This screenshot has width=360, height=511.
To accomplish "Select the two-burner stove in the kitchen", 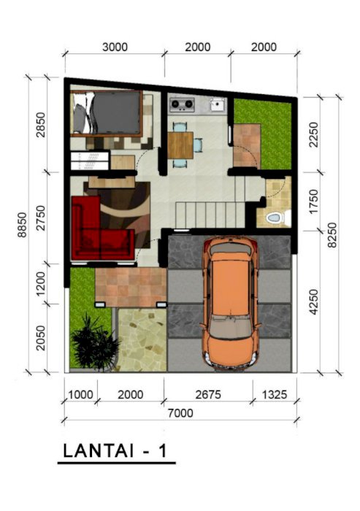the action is [182, 104].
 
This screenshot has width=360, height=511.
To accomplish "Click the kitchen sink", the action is [217, 104].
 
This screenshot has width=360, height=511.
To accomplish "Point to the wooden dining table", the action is [180, 145].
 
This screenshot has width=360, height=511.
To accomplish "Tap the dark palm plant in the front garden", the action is [95, 342].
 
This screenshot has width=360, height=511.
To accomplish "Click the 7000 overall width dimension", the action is [180, 413].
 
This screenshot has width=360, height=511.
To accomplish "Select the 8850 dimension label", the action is [22, 225].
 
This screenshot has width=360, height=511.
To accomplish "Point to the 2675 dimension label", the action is [208, 395].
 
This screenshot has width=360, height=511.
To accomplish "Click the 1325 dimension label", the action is [275, 395].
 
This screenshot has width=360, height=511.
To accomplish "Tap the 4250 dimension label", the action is [313, 301].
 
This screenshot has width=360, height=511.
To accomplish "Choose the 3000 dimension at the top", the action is [115, 47].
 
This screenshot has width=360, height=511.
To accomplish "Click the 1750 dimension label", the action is [313, 201].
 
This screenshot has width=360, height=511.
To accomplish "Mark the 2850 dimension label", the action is [41, 125].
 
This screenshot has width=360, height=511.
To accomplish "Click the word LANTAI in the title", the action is [98, 450].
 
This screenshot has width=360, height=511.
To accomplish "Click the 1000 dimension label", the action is [80, 395].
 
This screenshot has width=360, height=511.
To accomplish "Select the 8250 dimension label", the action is [332, 235].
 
